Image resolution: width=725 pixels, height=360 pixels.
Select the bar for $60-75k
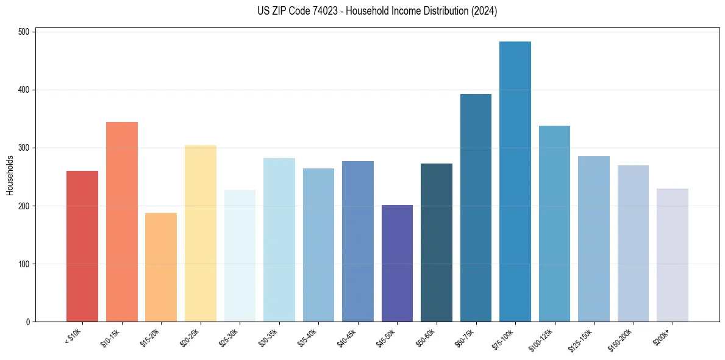click(x=476, y=207)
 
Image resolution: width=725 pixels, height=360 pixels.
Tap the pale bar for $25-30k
click(x=240, y=256)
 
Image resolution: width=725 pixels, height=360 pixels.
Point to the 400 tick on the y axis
click(x=35, y=90)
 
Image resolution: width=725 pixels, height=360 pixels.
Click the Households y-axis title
click(x=10, y=175)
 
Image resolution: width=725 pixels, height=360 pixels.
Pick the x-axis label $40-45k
click(x=348, y=337)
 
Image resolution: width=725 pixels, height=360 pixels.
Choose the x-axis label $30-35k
click(x=269, y=337)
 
